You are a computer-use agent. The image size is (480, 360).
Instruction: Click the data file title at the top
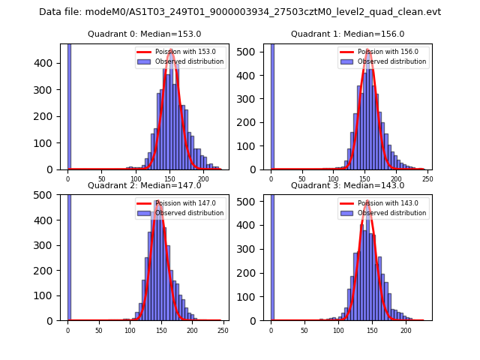coord(240,12)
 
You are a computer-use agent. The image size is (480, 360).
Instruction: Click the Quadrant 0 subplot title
coord(144,34)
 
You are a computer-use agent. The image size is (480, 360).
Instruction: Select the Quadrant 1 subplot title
coord(347,34)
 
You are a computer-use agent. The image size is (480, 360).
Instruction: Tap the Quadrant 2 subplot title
coord(144,185)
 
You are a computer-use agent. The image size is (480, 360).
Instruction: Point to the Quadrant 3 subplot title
coord(347,185)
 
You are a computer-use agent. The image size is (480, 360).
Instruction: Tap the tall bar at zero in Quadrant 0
coord(69,105)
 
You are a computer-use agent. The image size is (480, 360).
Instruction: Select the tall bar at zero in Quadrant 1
coord(272,105)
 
